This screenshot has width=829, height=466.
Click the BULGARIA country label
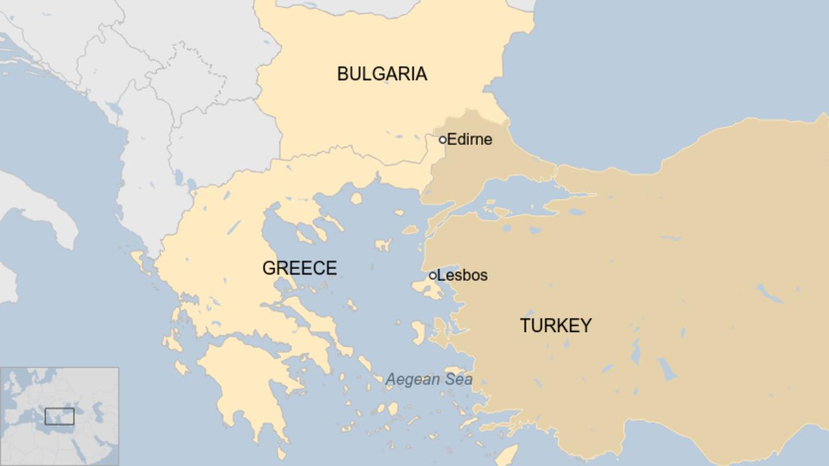382,74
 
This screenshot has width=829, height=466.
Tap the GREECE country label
299,268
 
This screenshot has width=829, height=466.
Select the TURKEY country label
556,326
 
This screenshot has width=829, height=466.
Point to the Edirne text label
470,139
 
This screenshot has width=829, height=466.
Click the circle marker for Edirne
443,139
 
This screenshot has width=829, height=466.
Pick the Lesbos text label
462,275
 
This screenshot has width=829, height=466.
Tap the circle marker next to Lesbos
433,276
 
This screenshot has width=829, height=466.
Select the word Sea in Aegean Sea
457,380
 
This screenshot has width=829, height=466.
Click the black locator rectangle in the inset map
60,416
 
